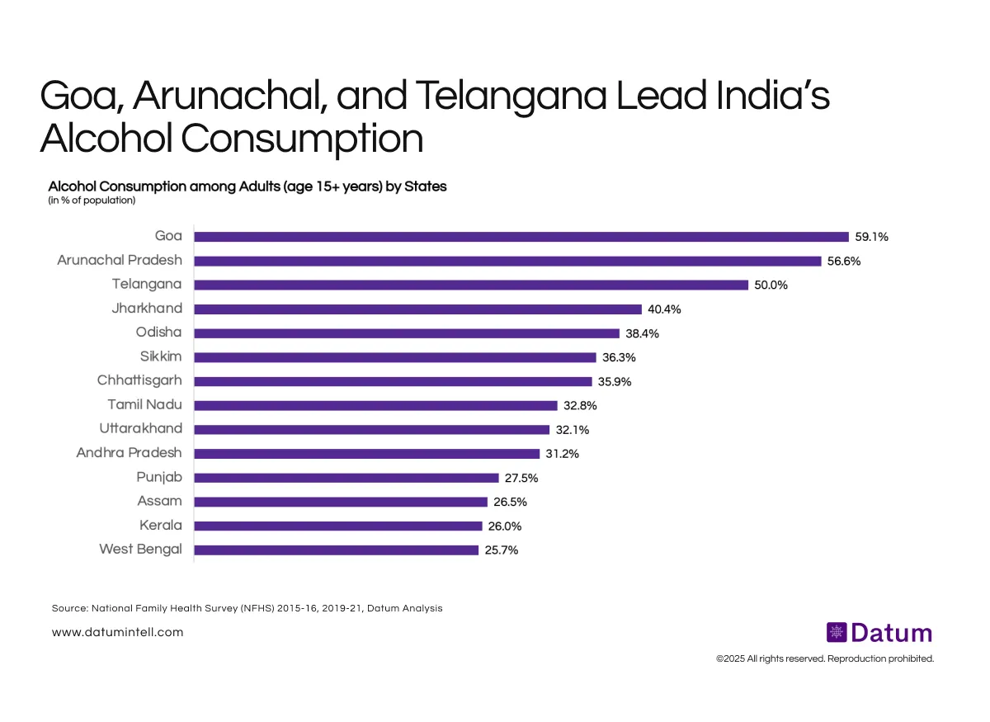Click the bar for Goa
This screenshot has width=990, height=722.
(521, 237)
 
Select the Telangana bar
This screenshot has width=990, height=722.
(470, 285)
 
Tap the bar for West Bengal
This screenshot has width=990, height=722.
(336, 550)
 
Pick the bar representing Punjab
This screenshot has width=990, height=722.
(346, 478)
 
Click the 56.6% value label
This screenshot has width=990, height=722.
(843, 261)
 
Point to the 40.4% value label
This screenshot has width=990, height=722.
(664, 309)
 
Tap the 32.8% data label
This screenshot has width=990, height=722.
(580, 405)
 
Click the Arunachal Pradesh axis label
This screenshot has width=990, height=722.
(120, 260)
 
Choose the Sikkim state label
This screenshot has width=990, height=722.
(161, 356)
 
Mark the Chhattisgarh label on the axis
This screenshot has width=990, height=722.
(140, 380)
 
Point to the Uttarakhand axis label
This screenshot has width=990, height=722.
(141, 429)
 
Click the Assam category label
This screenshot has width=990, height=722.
(159, 501)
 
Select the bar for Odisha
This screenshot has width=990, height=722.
(406, 333)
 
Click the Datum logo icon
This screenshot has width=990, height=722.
(837, 633)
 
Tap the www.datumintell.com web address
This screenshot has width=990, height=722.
(117, 632)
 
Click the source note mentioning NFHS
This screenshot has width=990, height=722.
(247, 608)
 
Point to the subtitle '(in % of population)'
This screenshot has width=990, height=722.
(92, 200)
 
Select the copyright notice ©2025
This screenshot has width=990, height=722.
(825, 658)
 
